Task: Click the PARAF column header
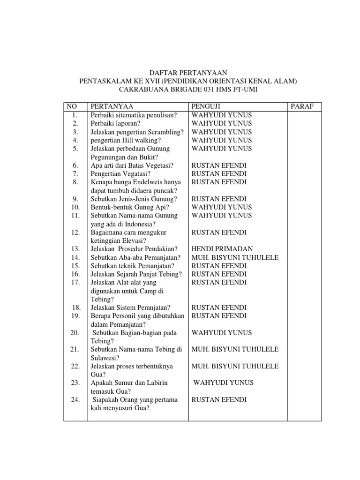[302, 106]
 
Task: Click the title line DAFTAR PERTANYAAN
[187, 73]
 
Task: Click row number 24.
[75, 400]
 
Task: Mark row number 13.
[75, 249]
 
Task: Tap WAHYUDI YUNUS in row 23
[224, 382]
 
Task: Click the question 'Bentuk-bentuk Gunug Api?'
[130, 207]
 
